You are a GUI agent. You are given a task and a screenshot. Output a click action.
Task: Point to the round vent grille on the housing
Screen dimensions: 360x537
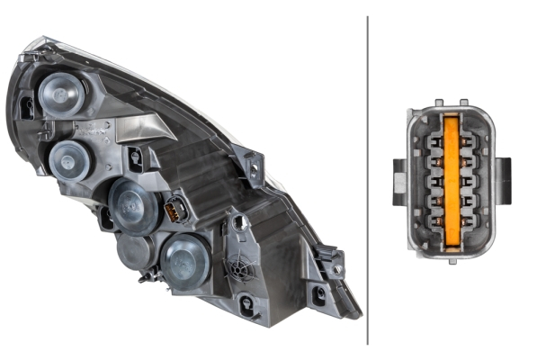(x=240, y=268)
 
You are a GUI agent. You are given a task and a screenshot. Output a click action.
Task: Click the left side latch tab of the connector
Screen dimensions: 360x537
(x=399, y=179)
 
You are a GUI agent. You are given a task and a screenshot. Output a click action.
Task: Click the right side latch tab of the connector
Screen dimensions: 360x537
(x=502, y=180)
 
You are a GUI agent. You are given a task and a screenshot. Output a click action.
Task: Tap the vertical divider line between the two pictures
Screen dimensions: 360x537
(x=368, y=180)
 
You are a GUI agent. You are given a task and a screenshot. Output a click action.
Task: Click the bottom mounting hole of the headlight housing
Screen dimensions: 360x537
(x=318, y=293)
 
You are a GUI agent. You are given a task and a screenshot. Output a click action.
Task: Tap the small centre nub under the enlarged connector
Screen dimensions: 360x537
(x=449, y=258)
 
